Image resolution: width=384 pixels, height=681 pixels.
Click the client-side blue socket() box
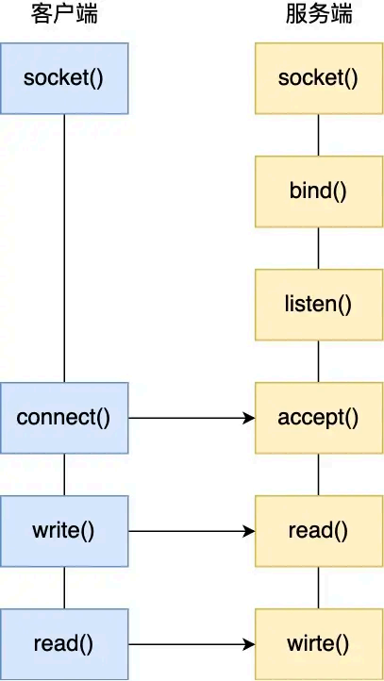click(x=63, y=77)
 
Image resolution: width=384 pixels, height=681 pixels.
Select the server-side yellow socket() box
click(x=318, y=77)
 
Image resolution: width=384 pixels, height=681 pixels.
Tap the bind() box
click(x=318, y=191)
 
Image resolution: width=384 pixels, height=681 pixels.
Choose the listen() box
click(x=318, y=304)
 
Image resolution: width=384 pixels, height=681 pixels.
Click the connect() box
click(x=63, y=417)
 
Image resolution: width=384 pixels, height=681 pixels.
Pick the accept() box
click(x=318, y=417)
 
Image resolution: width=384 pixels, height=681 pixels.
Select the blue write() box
click(x=63, y=530)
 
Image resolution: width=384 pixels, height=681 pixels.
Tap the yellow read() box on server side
click(x=318, y=530)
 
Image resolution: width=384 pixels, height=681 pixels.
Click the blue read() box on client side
click(x=63, y=644)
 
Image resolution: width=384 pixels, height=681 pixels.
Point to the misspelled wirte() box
click(x=318, y=644)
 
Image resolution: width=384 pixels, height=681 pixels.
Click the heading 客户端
click(x=63, y=15)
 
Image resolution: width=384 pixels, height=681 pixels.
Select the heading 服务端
click(x=318, y=15)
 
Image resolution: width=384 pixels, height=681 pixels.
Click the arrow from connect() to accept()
click(x=192, y=417)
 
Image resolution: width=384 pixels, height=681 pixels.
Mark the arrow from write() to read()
click(x=192, y=530)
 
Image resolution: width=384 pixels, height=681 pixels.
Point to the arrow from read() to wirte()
click(x=192, y=644)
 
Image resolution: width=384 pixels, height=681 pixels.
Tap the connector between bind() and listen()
click(x=318, y=247)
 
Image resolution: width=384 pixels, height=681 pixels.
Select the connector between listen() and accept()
click(x=318, y=360)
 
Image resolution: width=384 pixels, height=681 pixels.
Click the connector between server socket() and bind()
click(x=318, y=134)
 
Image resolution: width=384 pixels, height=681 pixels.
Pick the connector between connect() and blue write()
click(x=63, y=473)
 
